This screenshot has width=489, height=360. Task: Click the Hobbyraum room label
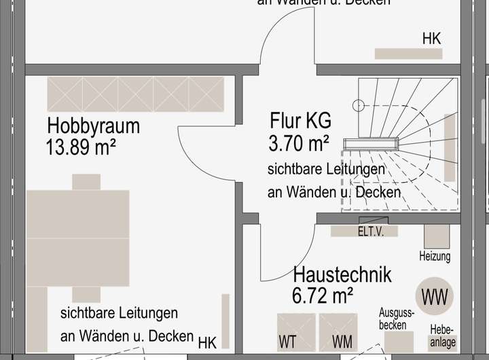pyautogui.click(x=93, y=126)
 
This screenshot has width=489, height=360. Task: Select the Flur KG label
pyautogui.click(x=300, y=121)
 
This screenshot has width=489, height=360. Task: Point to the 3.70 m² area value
pyautogui.click(x=299, y=143)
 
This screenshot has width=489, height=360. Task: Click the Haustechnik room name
pyautogui.click(x=342, y=275)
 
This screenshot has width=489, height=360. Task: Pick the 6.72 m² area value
pyautogui.click(x=323, y=295)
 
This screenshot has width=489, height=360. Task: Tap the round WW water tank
pyautogui.click(x=435, y=297)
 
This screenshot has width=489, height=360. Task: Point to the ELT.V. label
pyautogui.click(x=371, y=232)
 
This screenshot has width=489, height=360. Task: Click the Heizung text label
pyautogui.click(x=435, y=257)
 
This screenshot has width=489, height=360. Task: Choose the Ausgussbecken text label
pyautogui.click(x=396, y=319)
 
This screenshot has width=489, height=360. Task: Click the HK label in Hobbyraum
pyautogui.click(x=206, y=342)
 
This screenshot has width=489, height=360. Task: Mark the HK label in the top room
pyautogui.click(x=431, y=39)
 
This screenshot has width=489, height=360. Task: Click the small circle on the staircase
pyautogui.click(x=358, y=105)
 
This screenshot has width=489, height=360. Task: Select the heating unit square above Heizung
pyautogui.click(x=437, y=235)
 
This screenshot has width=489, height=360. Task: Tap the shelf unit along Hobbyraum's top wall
pyautogui.click(x=136, y=94)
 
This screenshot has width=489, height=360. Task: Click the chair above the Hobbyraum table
pyautogui.click(x=86, y=181)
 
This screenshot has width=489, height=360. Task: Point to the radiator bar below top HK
pyautogui.click(x=408, y=54)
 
